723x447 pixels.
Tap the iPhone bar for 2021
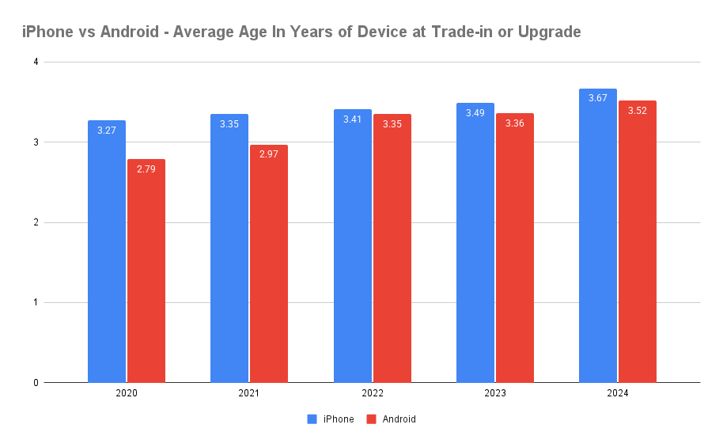[229, 248]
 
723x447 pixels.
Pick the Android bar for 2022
[392, 248]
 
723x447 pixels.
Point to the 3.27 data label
[107, 130]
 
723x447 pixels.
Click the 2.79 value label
[146, 169]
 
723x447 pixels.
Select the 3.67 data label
[598, 98]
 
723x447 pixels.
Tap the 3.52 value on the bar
[638, 111]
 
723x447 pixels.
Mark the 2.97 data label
[269, 154]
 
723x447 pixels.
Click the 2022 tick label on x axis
[372, 393]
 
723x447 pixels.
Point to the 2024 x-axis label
[618, 393]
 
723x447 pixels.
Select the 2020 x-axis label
[127, 393]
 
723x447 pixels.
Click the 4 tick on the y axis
[36, 62]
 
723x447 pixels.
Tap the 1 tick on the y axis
[36, 302]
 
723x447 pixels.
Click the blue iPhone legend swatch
[312, 419]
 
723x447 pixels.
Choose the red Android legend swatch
[371, 419]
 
